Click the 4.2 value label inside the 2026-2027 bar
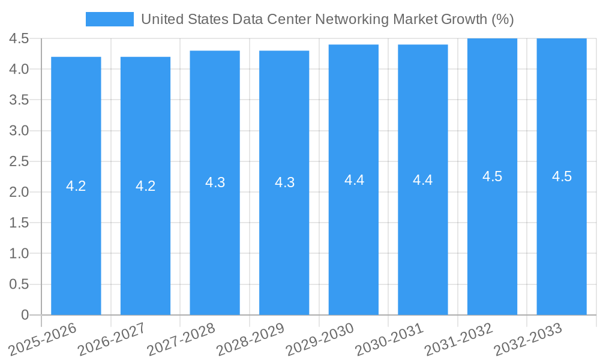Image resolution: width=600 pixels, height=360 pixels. tap(146, 186)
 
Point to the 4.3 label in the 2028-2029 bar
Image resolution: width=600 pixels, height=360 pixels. tap(284, 182)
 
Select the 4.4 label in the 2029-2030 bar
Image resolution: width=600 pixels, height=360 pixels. tap(354, 179)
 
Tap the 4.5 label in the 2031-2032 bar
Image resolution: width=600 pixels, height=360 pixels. tap(493, 176)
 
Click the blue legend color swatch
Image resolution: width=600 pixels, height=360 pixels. tap(110, 19)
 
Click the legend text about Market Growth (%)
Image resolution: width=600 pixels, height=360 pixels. tap(327, 19)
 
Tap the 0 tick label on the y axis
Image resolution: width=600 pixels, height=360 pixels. tap(25, 315)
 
